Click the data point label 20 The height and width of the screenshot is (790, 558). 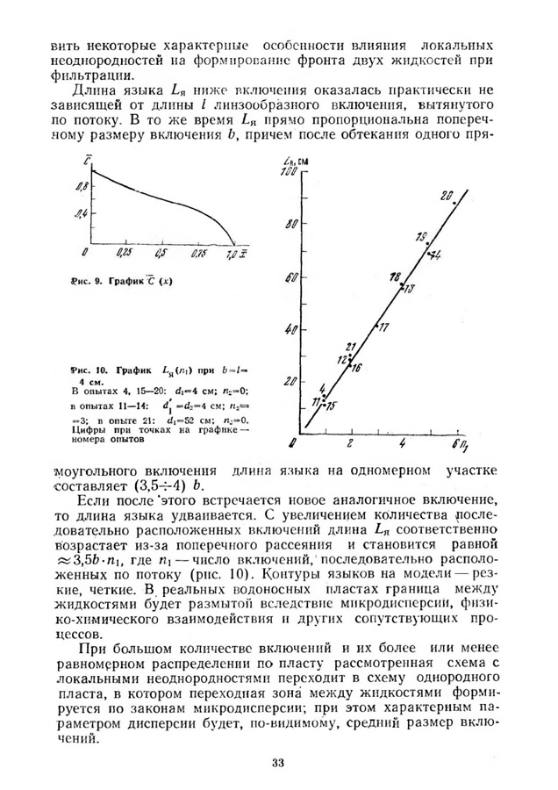(x=447, y=194)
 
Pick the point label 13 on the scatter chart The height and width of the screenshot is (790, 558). (x=409, y=288)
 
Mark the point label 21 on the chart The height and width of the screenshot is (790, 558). (x=351, y=346)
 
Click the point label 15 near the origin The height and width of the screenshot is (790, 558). (x=330, y=406)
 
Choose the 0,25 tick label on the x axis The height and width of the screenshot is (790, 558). (x=124, y=253)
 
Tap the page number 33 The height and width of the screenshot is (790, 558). (x=278, y=761)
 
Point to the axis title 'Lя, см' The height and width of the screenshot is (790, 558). (x=294, y=161)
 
